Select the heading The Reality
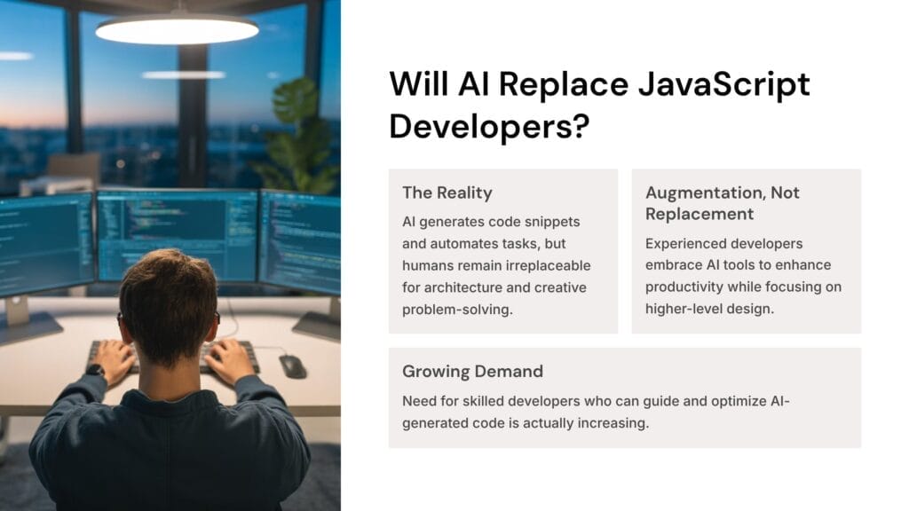447,193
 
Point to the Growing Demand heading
472,371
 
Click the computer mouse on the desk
292,365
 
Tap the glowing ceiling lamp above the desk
177,29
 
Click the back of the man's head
168,302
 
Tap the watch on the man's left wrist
96,371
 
